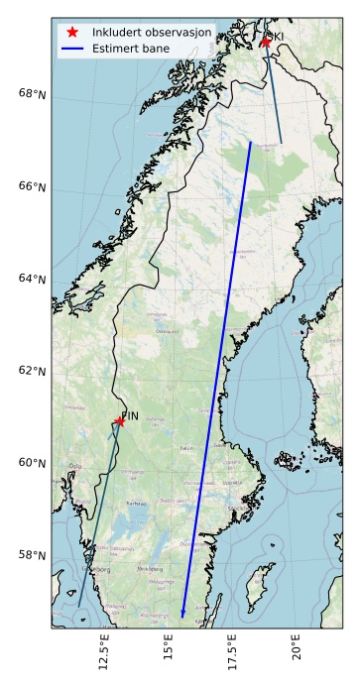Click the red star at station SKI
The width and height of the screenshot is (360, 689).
[x=266, y=42]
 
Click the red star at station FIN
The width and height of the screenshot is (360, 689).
[x=120, y=421]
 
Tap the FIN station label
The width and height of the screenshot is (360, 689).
[x=130, y=414]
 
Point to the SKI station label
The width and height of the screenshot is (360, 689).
[x=275, y=37]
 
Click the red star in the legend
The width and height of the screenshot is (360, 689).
[x=72, y=33]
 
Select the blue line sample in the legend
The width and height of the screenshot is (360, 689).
[x=72, y=48]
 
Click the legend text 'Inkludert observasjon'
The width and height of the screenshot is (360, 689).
[x=152, y=33]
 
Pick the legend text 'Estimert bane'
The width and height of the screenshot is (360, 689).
[x=131, y=48]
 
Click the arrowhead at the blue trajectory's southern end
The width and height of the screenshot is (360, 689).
[x=182, y=614]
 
